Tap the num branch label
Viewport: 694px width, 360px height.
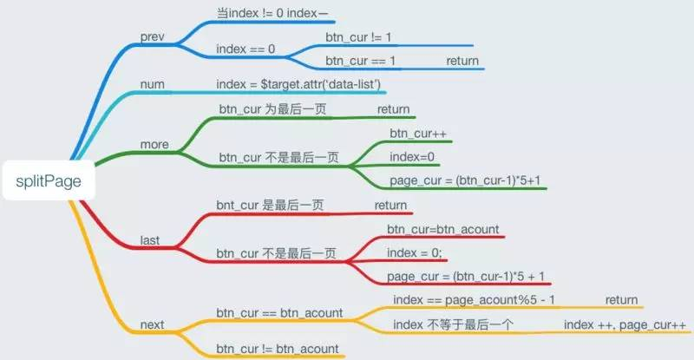point(153,84)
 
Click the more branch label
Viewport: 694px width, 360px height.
point(154,144)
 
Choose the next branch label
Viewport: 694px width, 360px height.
point(153,325)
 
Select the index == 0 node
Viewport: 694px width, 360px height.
point(246,49)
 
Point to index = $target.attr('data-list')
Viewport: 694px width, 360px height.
point(300,84)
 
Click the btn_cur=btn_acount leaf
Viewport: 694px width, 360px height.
point(443,229)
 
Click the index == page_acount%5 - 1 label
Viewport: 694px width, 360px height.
point(474,300)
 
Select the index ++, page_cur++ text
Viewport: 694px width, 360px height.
point(625,324)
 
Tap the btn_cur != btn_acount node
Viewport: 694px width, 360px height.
point(278,349)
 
